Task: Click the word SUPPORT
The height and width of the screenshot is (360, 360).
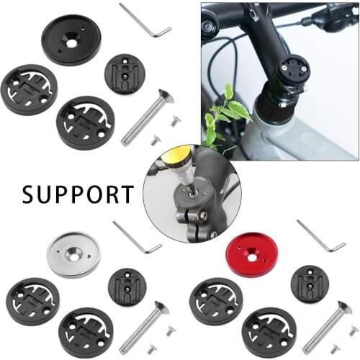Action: (77, 194)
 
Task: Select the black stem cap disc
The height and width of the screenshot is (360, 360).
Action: (71, 40)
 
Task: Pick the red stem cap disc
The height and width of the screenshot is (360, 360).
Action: (251, 254)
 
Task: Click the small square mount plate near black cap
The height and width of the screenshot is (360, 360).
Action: (125, 73)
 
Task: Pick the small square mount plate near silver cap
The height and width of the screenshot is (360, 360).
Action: (127, 287)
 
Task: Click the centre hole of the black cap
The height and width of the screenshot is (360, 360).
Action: (71, 42)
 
